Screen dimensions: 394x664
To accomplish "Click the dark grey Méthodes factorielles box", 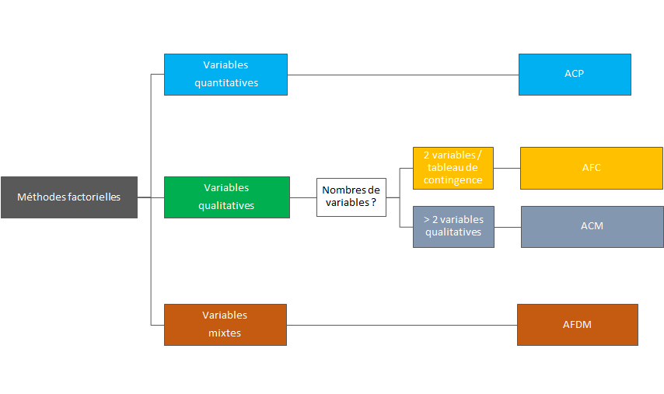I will pyautogui.click(x=69, y=197).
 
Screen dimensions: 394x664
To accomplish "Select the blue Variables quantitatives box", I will pyautogui.click(x=225, y=75).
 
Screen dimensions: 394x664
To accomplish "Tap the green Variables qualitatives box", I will pyautogui.click(x=226, y=197).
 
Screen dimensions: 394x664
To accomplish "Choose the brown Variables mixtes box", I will pyautogui.click(x=225, y=324).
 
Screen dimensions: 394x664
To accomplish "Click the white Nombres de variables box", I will pyautogui.click(x=351, y=197).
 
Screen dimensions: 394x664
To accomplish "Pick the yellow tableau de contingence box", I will pyautogui.click(x=453, y=168).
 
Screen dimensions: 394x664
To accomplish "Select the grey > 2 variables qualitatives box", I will pyautogui.click(x=453, y=226).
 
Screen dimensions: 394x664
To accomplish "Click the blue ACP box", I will pyautogui.click(x=575, y=75).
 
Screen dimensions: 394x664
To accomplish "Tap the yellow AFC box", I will pyautogui.click(x=591, y=168).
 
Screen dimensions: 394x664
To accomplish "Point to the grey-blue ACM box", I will pyautogui.click(x=592, y=226).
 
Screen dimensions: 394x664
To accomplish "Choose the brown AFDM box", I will pyautogui.click(x=577, y=324).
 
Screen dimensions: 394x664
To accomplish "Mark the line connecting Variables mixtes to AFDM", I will pyautogui.click(x=401, y=325).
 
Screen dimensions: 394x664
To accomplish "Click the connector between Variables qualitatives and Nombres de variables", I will pyautogui.click(x=302, y=197).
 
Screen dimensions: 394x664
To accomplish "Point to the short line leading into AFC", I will pyautogui.click(x=506, y=168).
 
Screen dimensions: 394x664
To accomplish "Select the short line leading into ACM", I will pyautogui.click(x=507, y=227).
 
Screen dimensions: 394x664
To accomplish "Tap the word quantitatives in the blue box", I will pyautogui.click(x=226, y=82).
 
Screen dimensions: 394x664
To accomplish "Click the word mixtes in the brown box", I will pyautogui.click(x=225, y=333).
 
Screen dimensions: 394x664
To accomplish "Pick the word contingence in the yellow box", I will pyautogui.click(x=453, y=180).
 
